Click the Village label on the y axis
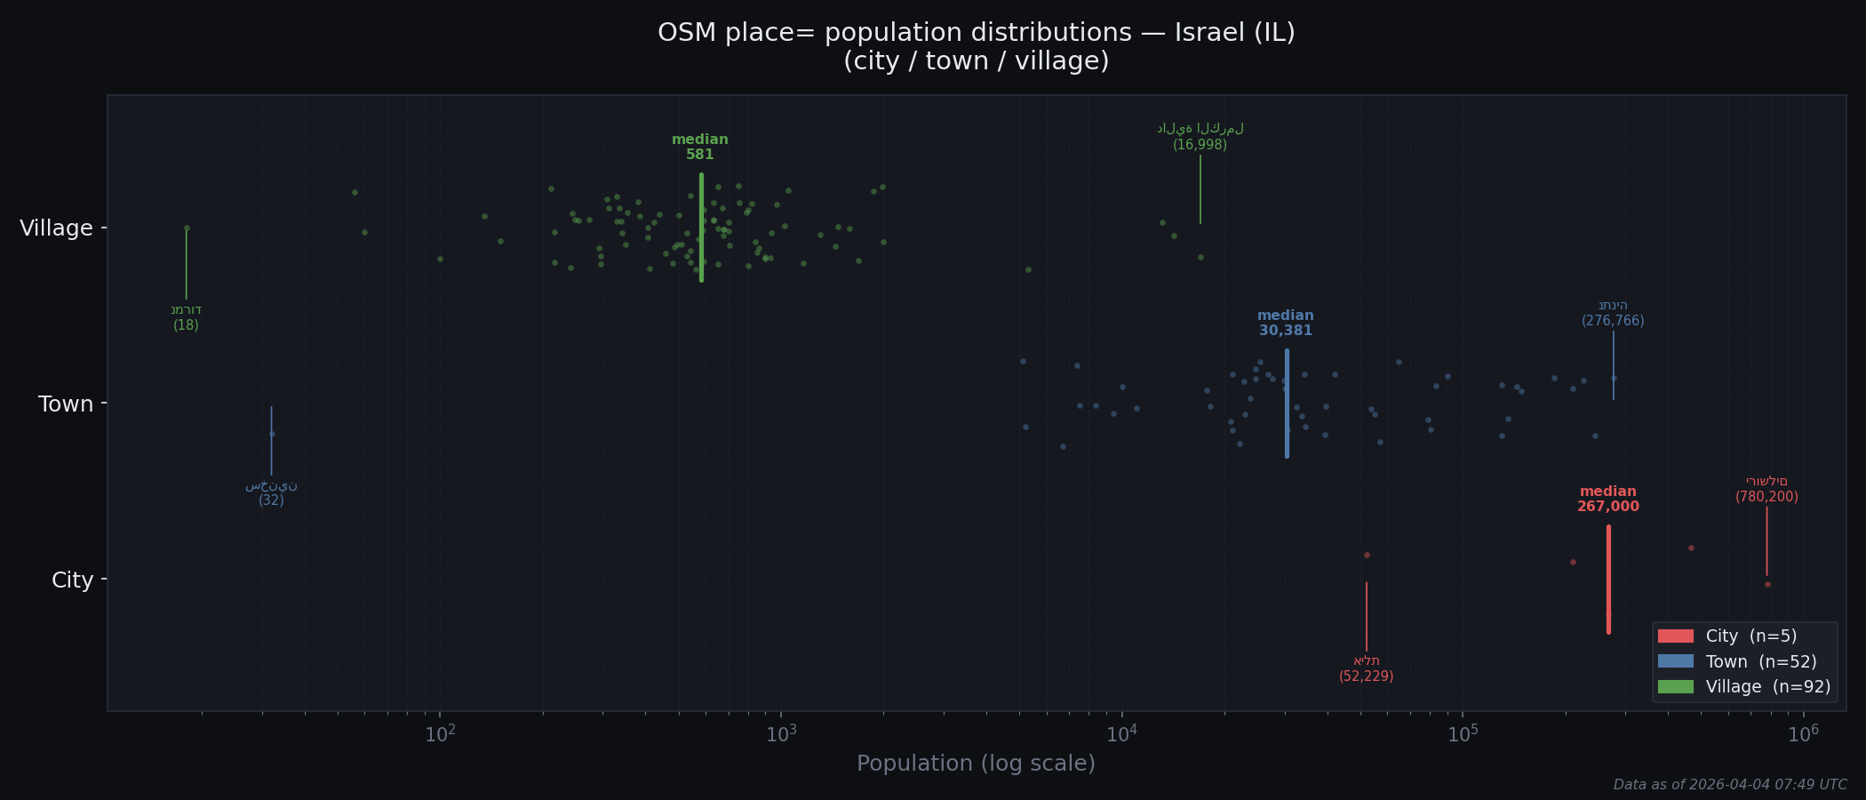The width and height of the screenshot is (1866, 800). tap(56, 228)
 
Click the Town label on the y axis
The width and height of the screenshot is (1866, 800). tap(66, 404)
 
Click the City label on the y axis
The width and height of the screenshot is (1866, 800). tap(72, 580)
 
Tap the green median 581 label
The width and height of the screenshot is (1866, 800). tap(700, 148)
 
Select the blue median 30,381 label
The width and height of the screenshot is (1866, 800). tap(1285, 324)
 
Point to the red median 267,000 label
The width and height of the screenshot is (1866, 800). tap(1607, 500)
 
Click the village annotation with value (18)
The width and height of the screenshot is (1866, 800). tap(186, 317)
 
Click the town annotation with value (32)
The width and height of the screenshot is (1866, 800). tap(271, 493)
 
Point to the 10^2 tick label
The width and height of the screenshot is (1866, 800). tap(440, 735)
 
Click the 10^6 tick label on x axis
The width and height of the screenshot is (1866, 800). tap(1803, 735)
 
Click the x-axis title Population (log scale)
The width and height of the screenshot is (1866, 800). tap(976, 764)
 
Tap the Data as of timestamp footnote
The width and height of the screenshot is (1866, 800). tap(1729, 785)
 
